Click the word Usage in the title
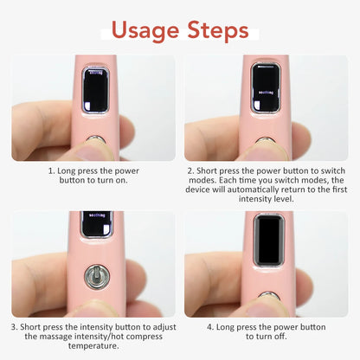[x=145, y=31]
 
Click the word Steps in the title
[x=218, y=29]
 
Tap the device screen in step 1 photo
[x=95, y=90]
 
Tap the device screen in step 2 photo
[x=266, y=87]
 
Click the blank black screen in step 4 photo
[x=269, y=241]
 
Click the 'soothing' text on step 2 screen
[x=265, y=93]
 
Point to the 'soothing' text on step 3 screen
[x=97, y=215]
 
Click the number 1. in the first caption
[x=51, y=170]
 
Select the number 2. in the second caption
[x=191, y=170]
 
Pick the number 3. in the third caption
[x=15, y=327]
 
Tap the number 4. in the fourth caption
[x=210, y=327]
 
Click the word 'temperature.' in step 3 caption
[x=93, y=346]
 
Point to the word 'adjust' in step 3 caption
[x=164, y=327]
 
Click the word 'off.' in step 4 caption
[x=280, y=337]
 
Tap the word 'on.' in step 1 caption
[x=121, y=180]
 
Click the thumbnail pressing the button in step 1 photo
[x=95, y=151]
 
